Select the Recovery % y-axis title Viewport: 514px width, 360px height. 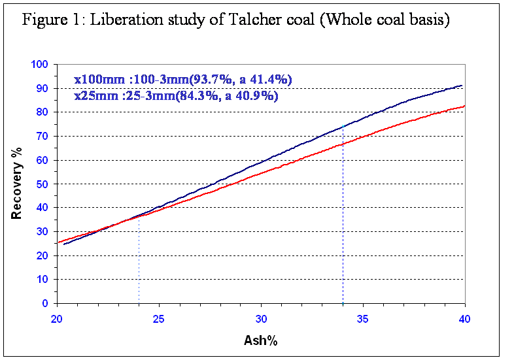(x=18, y=184)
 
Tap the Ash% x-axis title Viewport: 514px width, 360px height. (x=261, y=340)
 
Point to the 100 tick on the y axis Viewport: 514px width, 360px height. (x=40, y=64)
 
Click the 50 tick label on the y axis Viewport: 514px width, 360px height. (x=43, y=184)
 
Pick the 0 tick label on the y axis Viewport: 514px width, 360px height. (x=45, y=303)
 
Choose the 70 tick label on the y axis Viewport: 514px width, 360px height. (x=43, y=136)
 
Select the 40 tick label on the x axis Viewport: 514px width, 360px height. (x=464, y=318)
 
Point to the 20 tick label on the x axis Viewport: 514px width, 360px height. (x=57, y=318)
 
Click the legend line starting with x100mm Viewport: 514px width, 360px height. (x=182, y=80)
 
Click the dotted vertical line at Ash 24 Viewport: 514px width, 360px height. (x=139, y=261)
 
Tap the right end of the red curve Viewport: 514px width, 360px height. (x=464, y=106)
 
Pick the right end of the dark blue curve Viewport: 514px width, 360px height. (x=462, y=86)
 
